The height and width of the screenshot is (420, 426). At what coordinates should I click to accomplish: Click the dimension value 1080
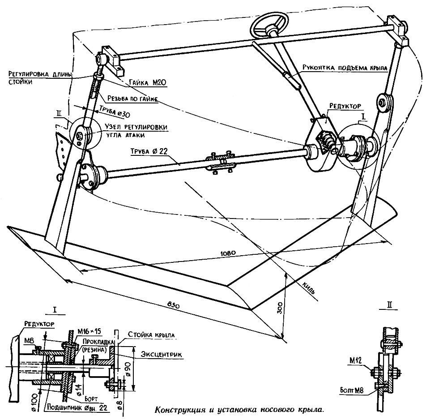(229, 253)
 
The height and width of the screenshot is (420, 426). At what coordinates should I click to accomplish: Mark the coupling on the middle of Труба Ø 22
(220, 159)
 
